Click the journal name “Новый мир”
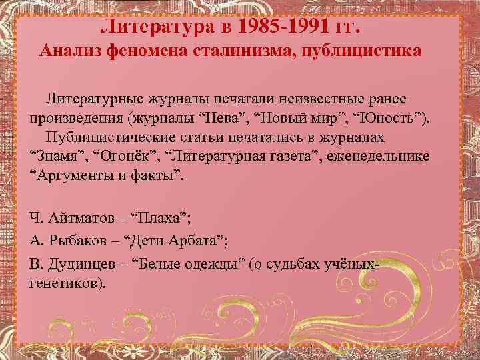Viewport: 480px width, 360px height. [305, 119]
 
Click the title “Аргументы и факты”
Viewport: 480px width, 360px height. [107, 177]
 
